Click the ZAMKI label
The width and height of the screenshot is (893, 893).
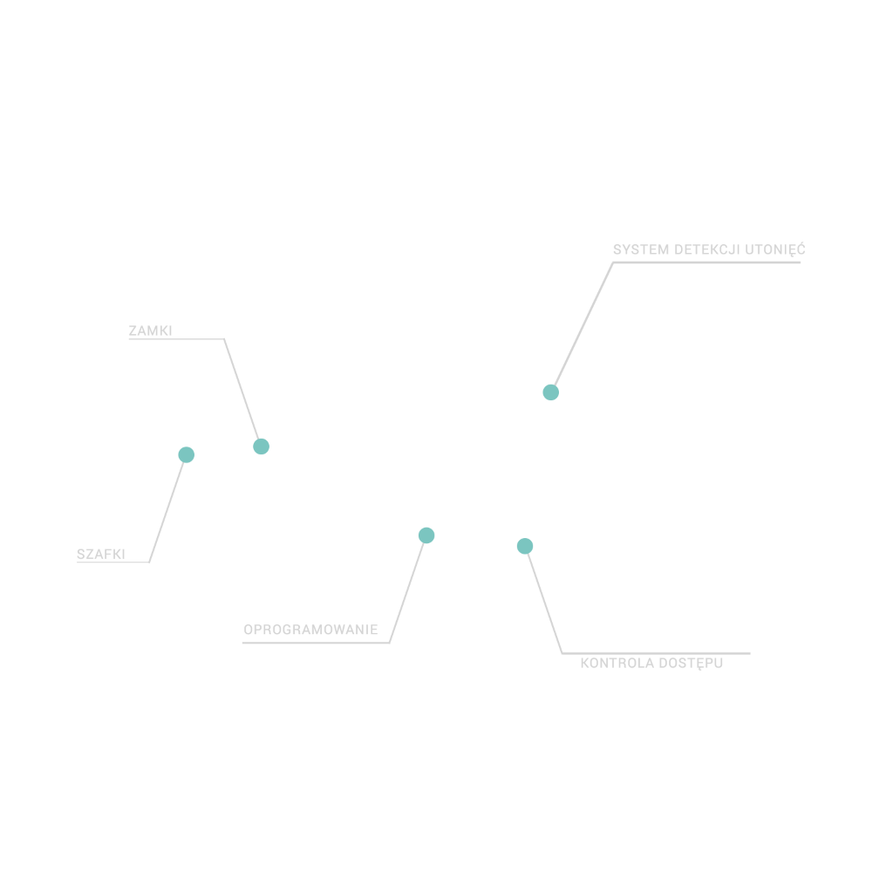(x=150, y=331)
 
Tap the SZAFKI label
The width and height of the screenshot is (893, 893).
(x=101, y=554)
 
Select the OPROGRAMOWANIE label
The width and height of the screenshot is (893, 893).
(x=311, y=630)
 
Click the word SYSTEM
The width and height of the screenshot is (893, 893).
(x=641, y=249)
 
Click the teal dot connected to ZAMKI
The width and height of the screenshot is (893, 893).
(x=261, y=446)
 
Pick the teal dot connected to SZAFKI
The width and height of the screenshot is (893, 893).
(x=187, y=454)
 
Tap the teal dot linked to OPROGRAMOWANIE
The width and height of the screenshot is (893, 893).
(x=426, y=535)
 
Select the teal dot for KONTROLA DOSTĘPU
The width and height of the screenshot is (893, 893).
(x=524, y=546)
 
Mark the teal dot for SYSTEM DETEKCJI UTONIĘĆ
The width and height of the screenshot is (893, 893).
(x=551, y=392)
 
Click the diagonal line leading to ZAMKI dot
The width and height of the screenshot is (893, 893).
(x=242, y=389)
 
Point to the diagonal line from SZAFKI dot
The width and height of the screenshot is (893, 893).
(x=167, y=512)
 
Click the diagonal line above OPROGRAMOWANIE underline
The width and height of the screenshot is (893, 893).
(x=406, y=593)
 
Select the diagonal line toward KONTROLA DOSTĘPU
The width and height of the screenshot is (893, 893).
(x=545, y=603)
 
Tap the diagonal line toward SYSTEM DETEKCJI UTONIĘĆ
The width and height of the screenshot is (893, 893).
(x=583, y=324)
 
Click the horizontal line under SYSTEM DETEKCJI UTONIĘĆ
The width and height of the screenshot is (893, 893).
(x=706, y=262)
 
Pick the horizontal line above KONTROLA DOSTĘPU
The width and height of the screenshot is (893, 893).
(x=656, y=653)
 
